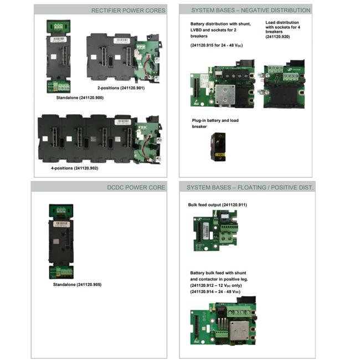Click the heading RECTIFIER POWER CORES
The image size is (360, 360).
coord(128,11)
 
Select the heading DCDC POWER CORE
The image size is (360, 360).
coord(136,187)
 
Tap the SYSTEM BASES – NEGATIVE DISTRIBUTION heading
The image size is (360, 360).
coord(251,11)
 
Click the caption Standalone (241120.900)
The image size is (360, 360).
coord(80,98)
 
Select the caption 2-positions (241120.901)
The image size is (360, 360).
coord(121,88)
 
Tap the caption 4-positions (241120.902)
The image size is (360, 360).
coord(75,168)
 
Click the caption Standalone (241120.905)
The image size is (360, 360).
coord(77,285)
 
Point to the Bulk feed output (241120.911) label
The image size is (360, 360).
coord(218,205)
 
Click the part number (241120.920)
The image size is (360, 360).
coord(277,37)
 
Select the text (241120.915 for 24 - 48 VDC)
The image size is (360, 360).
coord(217,45)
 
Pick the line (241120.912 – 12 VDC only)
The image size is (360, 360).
coord(216,286)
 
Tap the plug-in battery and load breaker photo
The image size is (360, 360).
coord(218,147)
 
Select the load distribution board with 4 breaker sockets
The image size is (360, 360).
coord(282,84)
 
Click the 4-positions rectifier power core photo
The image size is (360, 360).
coord(100,140)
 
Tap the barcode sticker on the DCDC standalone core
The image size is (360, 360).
coord(61,224)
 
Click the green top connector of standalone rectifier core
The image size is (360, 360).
coord(59,27)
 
